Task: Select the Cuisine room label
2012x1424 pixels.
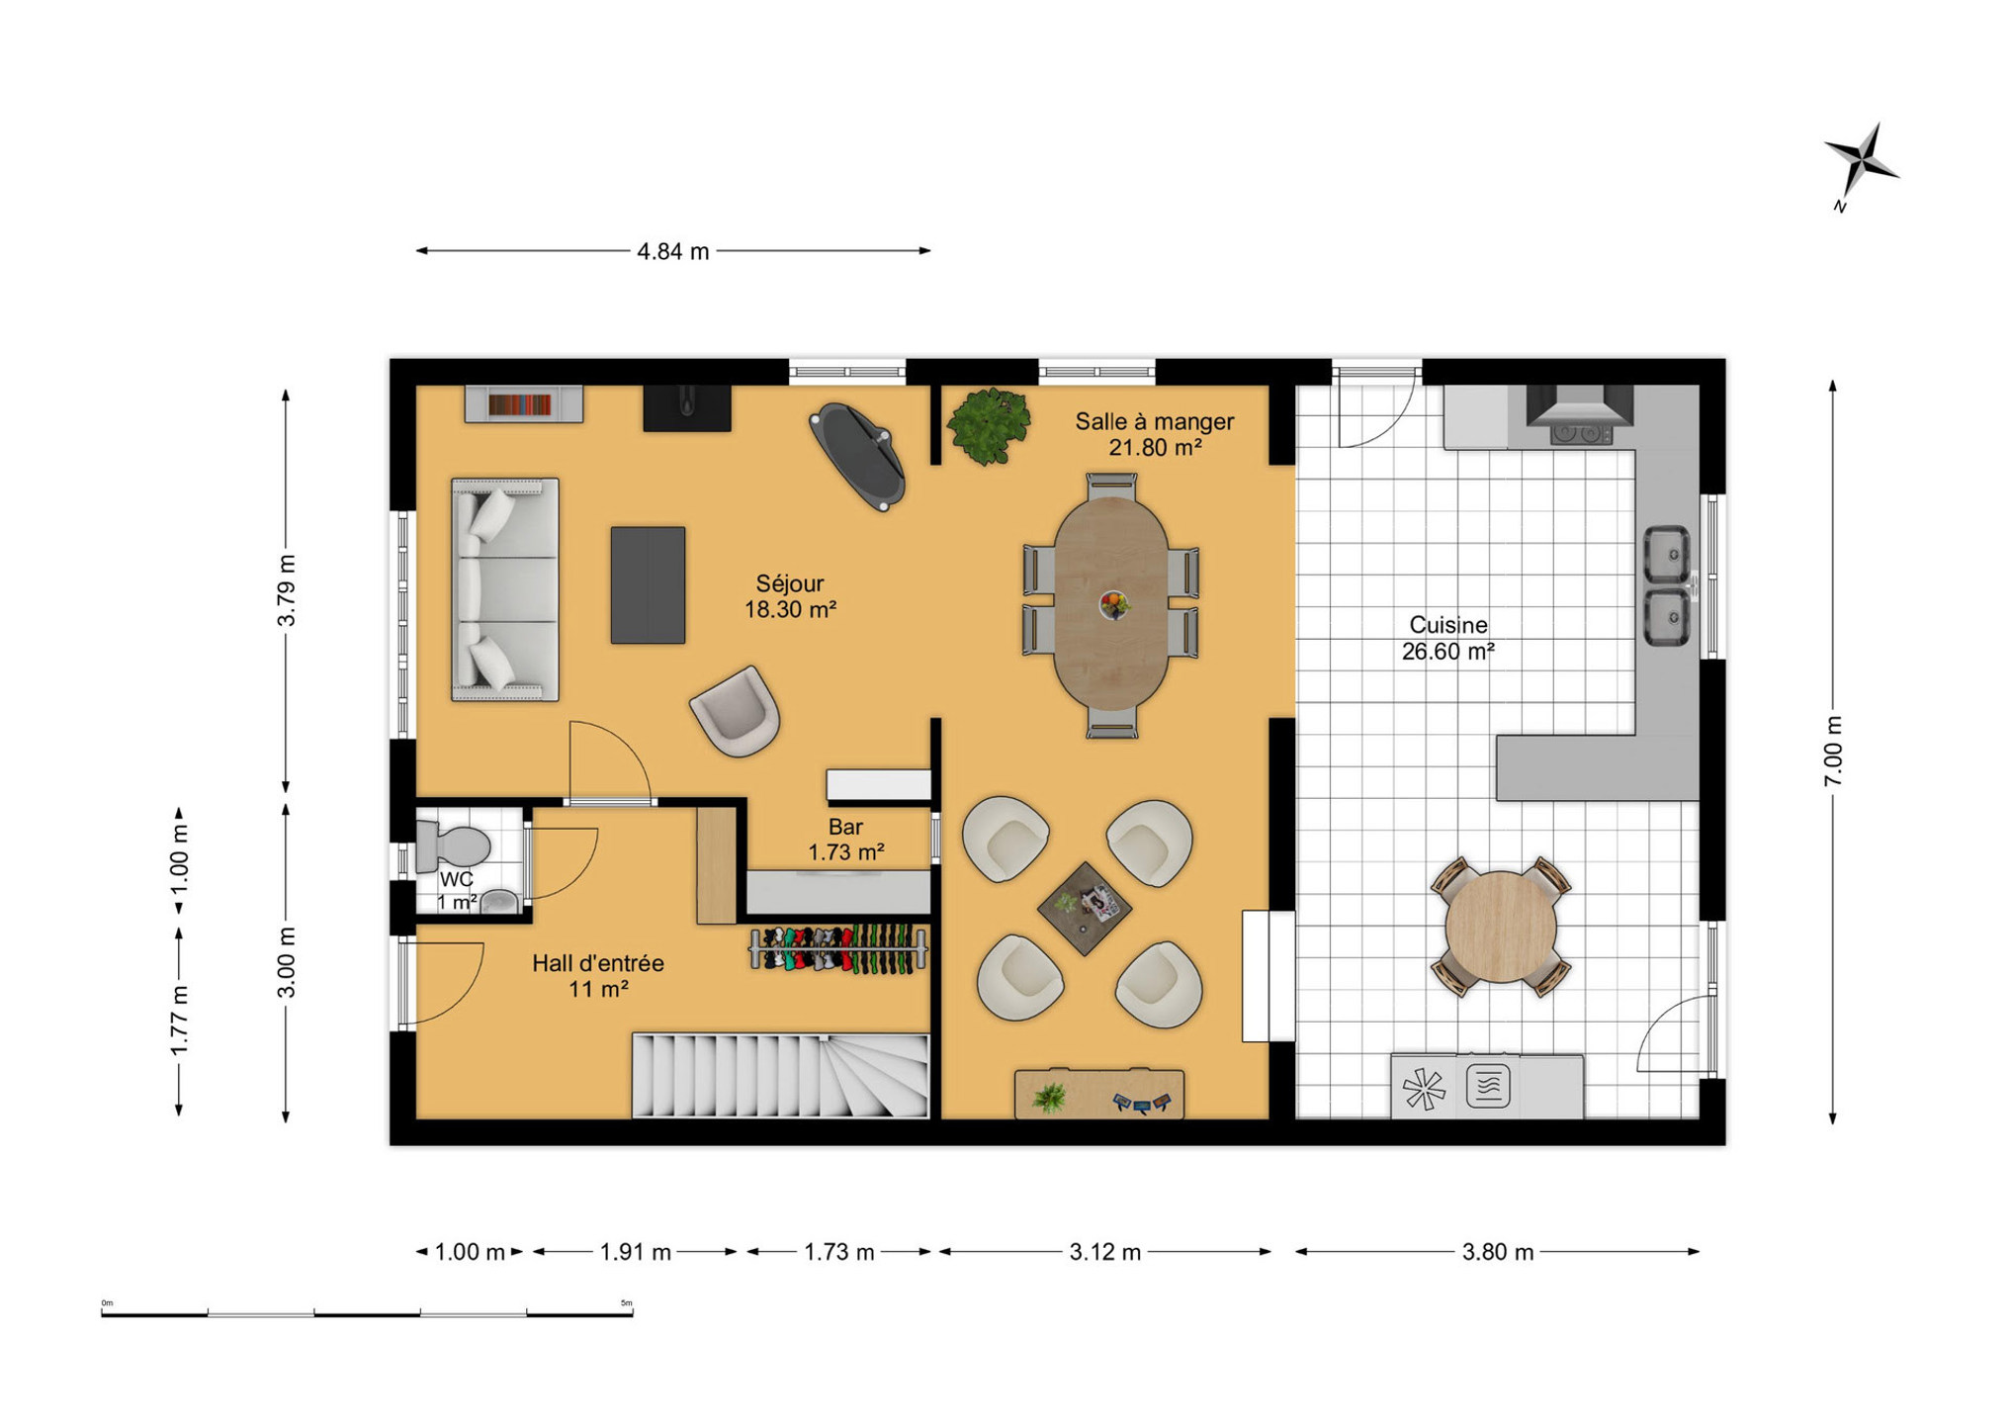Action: (x=1448, y=638)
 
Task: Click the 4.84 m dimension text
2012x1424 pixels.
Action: (x=672, y=252)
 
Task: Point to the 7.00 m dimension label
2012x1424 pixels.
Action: (x=1833, y=752)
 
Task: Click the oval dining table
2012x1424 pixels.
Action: (x=1111, y=603)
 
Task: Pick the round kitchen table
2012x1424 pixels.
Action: (x=1500, y=927)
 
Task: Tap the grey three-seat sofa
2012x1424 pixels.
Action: (x=504, y=590)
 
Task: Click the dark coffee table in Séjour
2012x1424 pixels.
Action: (x=648, y=585)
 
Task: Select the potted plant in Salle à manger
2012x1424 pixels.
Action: (x=989, y=425)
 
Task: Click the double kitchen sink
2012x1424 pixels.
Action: (x=1667, y=585)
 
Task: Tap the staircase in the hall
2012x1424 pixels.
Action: (x=780, y=1076)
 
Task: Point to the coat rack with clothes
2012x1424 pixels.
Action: (x=838, y=949)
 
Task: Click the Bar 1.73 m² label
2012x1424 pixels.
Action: (x=845, y=839)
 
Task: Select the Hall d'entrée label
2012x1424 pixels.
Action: (x=598, y=976)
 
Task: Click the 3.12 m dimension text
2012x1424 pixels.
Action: (x=1105, y=1253)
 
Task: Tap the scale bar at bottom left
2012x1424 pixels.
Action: (x=367, y=1312)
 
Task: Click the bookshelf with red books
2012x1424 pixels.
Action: (x=523, y=404)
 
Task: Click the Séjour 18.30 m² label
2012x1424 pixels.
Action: (x=790, y=596)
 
